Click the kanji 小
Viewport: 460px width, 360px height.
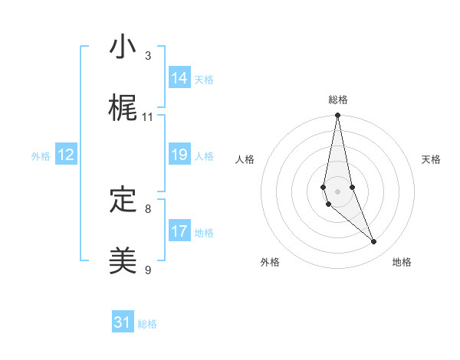click(123, 48)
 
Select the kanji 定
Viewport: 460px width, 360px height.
click(123, 200)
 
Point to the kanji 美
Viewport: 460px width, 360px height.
click(123, 261)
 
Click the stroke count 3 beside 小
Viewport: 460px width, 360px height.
click(148, 56)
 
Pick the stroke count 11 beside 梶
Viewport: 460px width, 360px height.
click(148, 117)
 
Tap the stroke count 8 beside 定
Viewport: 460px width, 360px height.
click(148, 208)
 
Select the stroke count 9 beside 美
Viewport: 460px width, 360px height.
click(148, 270)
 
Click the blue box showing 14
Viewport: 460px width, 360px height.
click(179, 77)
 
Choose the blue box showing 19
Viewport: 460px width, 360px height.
click(179, 155)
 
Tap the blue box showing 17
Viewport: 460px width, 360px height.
click(179, 231)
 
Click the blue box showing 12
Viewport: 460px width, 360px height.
click(66, 155)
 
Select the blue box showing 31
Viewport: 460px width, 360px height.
click(123, 322)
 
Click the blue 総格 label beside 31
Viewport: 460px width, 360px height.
click(147, 324)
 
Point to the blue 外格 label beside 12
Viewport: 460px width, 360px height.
click(41, 156)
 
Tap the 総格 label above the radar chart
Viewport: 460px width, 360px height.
click(337, 100)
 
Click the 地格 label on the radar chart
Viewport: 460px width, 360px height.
click(402, 262)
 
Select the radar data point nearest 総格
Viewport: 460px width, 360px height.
click(337, 116)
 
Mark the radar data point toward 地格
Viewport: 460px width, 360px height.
click(373, 242)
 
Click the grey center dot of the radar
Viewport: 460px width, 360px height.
click(337, 191)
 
